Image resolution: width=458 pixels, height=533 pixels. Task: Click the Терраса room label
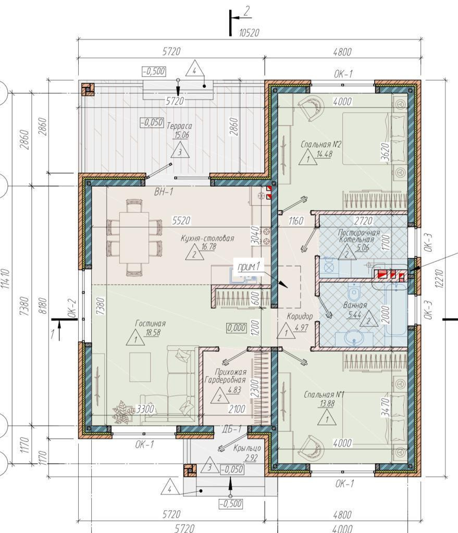coord(179,126)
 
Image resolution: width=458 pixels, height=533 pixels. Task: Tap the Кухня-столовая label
coord(207,238)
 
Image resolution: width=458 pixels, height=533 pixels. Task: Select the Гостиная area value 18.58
coord(153,333)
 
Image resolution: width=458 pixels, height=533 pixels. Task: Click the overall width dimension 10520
coord(249,33)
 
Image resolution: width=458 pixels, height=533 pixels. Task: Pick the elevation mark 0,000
coord(237,328)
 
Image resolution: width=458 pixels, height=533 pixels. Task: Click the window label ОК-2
coord(72,308)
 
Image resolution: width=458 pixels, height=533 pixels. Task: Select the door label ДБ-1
coord(233,429)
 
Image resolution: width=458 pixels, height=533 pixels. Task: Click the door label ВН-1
coord(164,192)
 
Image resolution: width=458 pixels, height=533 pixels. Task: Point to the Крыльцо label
coord(247,448)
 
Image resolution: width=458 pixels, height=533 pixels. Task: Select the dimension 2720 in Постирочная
coord(363,221)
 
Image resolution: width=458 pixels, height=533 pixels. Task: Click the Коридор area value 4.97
coord(301,328)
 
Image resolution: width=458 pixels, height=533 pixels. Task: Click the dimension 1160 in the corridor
coord(295,221)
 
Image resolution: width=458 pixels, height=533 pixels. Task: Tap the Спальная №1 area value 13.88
coord(327,403)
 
